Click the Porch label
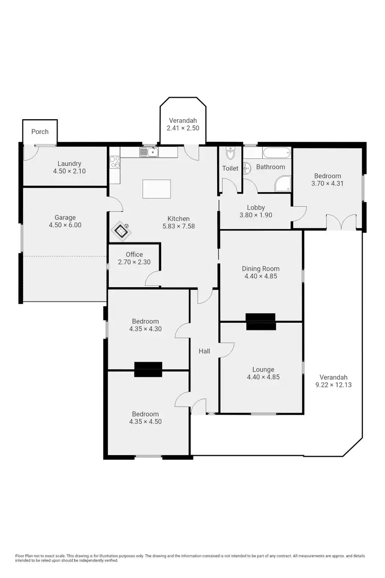click(40, 132)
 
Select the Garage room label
click(65, 217)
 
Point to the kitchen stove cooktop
click(114, 162)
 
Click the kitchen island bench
click(157, 189)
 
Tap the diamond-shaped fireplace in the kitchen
click(122, 231)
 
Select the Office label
click(134, 254)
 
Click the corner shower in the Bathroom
click(283, 184)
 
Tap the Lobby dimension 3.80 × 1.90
click(256, 215)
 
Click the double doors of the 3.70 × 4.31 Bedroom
click(341, 221)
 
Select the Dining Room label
click(260, 268)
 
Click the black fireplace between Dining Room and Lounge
click(261, 321)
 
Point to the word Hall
click(204, 351)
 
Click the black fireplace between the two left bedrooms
click(148, 369)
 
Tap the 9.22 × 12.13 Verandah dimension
click(334, 384)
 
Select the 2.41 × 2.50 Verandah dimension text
click(183, 128)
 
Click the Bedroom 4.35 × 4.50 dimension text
click(146, 422)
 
